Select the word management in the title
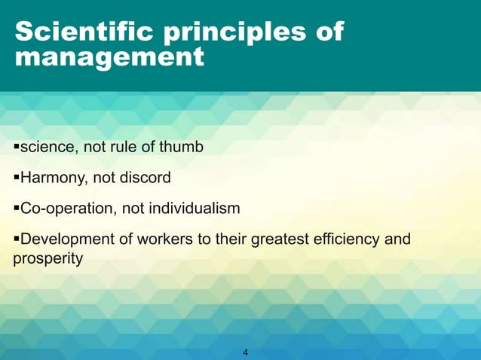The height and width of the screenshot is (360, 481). click(109, 57)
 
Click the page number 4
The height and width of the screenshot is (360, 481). click(246, 352)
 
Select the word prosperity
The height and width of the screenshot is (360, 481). click(48, 258)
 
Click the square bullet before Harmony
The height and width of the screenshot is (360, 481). click(17, 178)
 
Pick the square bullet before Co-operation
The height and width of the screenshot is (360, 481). click(17, 209)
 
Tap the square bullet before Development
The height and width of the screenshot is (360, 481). click(17, 240)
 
